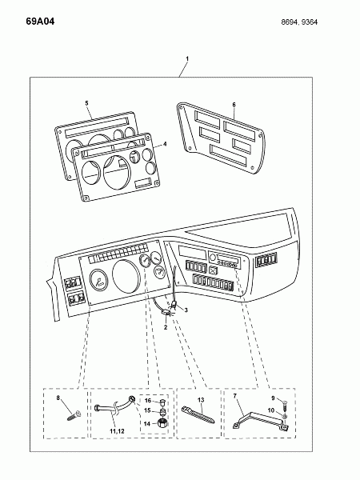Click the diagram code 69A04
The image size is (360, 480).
tap(40, 22)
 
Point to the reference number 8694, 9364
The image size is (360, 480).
tap(299, 22)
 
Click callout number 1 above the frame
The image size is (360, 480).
tap(187, 58)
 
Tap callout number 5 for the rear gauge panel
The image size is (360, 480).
tap(86, 103)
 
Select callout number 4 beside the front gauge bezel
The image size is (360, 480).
tap(165, 143)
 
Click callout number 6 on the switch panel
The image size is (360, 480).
tap(234, 105)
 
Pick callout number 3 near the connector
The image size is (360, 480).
tap(186, 310)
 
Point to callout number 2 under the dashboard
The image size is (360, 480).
tap(166, 327)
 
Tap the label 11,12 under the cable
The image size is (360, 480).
tap(117, 431)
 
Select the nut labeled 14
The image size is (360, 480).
tap(161, 424)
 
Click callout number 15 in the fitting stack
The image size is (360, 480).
tap(147, 410)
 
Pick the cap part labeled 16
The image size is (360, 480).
tap(162, 402)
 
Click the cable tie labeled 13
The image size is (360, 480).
tap(198, 414)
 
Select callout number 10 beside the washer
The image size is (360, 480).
tap(271, 410)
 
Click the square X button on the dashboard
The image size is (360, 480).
tap(213, 270)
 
